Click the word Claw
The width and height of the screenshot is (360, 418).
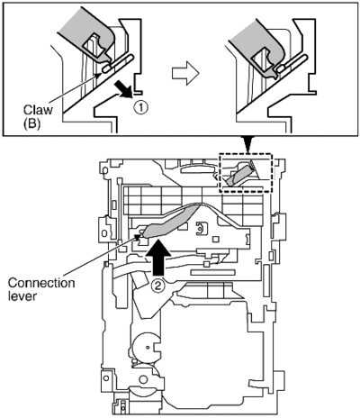coord(38,109)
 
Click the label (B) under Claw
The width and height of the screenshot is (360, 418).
coord(31,123)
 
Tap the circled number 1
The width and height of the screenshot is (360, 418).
coord(141,107)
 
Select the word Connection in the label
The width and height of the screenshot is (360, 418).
coord(41,283)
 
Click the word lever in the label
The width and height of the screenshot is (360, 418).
coord(22,296)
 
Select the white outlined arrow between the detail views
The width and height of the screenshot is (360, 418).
coord(185,73)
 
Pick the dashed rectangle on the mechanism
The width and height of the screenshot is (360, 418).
coord(246,154)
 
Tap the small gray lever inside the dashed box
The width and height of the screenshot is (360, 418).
coord(238,175)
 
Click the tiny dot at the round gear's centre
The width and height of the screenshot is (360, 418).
coord(148,348)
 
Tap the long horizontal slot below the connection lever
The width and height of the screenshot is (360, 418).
coord(212,272)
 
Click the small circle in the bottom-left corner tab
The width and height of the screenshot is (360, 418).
coord(105,377)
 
